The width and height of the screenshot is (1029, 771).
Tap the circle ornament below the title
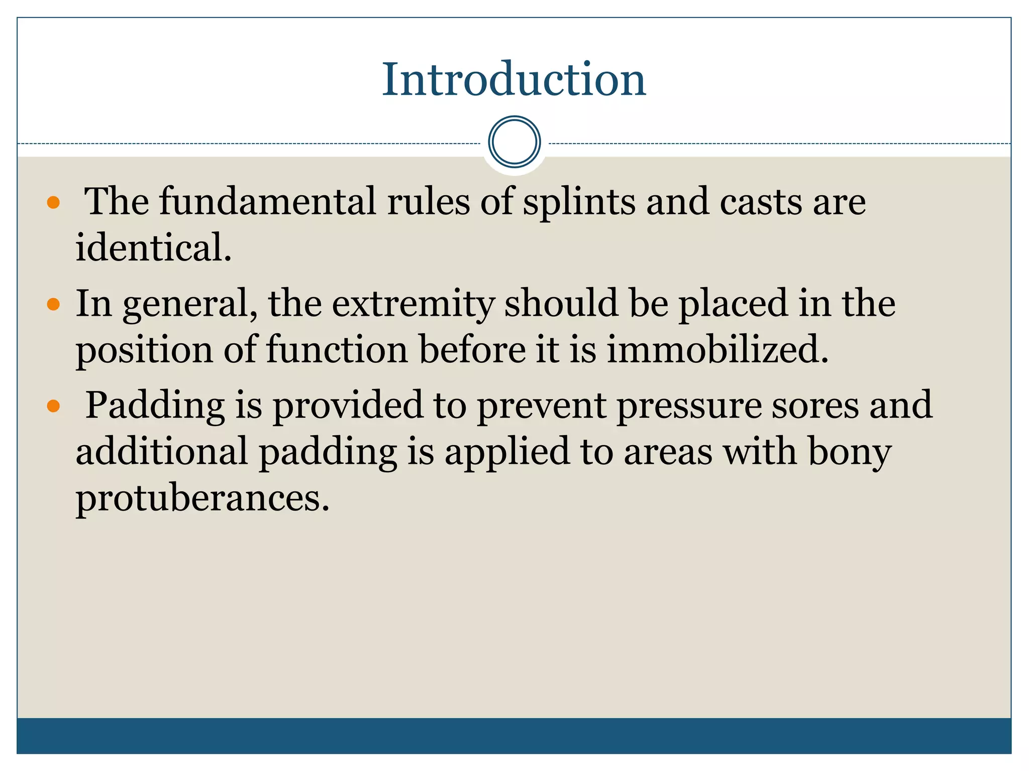point(514,142)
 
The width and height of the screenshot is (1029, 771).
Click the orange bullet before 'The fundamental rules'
point(53,203)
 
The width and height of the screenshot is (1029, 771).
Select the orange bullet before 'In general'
point(53,304)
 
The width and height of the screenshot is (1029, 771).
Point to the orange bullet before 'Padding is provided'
point(53,406)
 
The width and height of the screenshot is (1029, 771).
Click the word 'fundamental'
point(267,202)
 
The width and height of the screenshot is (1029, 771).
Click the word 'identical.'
point(154,248)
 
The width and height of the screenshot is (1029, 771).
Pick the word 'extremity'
point(413,304)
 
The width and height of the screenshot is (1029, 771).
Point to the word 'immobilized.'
point(717,349)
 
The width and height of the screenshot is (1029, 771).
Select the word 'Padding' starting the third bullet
point(155,406)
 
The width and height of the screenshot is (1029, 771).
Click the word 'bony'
point(849,452)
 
